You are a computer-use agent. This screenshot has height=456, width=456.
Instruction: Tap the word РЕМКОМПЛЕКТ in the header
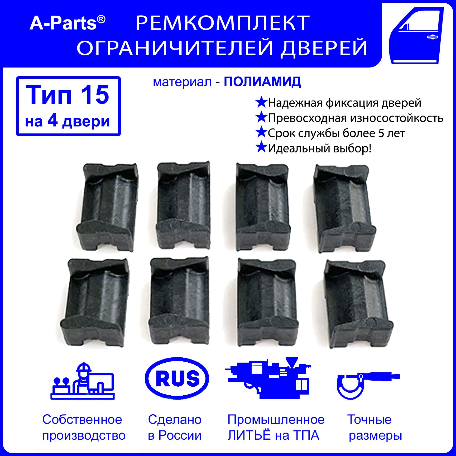(223, 23)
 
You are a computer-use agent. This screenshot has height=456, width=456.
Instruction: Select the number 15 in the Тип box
(95, 95)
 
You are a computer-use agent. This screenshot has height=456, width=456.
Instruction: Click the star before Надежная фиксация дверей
(261, 102)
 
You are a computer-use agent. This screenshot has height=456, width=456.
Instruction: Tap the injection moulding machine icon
(268, 378)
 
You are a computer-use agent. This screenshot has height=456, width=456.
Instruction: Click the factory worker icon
(83, 381)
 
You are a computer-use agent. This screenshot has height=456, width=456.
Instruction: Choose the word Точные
(369, 419)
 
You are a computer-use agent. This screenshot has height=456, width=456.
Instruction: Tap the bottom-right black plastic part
(358, 305)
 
